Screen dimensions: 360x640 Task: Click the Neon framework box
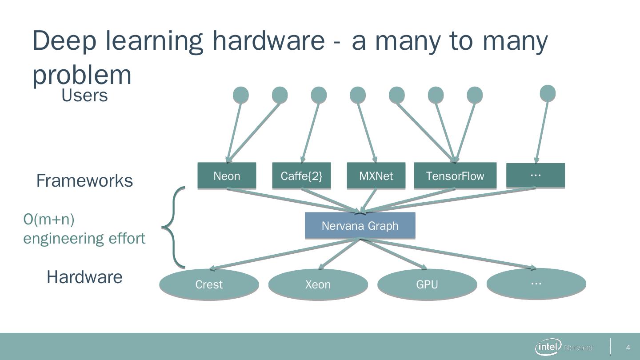[x=227, y=176]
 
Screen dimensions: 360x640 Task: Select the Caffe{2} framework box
[x=301, y=176]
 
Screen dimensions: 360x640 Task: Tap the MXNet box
[x=376, y=176]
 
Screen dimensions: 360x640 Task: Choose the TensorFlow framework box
[x=455, y=176]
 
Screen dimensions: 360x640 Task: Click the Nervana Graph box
[x=360, y=225]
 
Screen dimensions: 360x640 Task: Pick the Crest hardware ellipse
[x=209, y=284]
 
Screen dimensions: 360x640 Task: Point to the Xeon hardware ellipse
[x=318, y=284]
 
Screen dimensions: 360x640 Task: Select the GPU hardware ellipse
[x=427, y=284]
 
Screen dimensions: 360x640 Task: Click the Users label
[x=84, y=95]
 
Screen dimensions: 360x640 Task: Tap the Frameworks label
[x=84, y=180]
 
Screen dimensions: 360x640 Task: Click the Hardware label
[x=84, y=277]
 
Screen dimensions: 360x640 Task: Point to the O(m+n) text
[x=49, y=219]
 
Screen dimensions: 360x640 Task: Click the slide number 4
[x=628, y=347]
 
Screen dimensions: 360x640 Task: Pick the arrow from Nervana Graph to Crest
[x=284, y=254]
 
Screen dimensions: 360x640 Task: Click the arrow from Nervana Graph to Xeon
[x=340, y=254]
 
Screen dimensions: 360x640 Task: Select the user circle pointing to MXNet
[x=358, y=95]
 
